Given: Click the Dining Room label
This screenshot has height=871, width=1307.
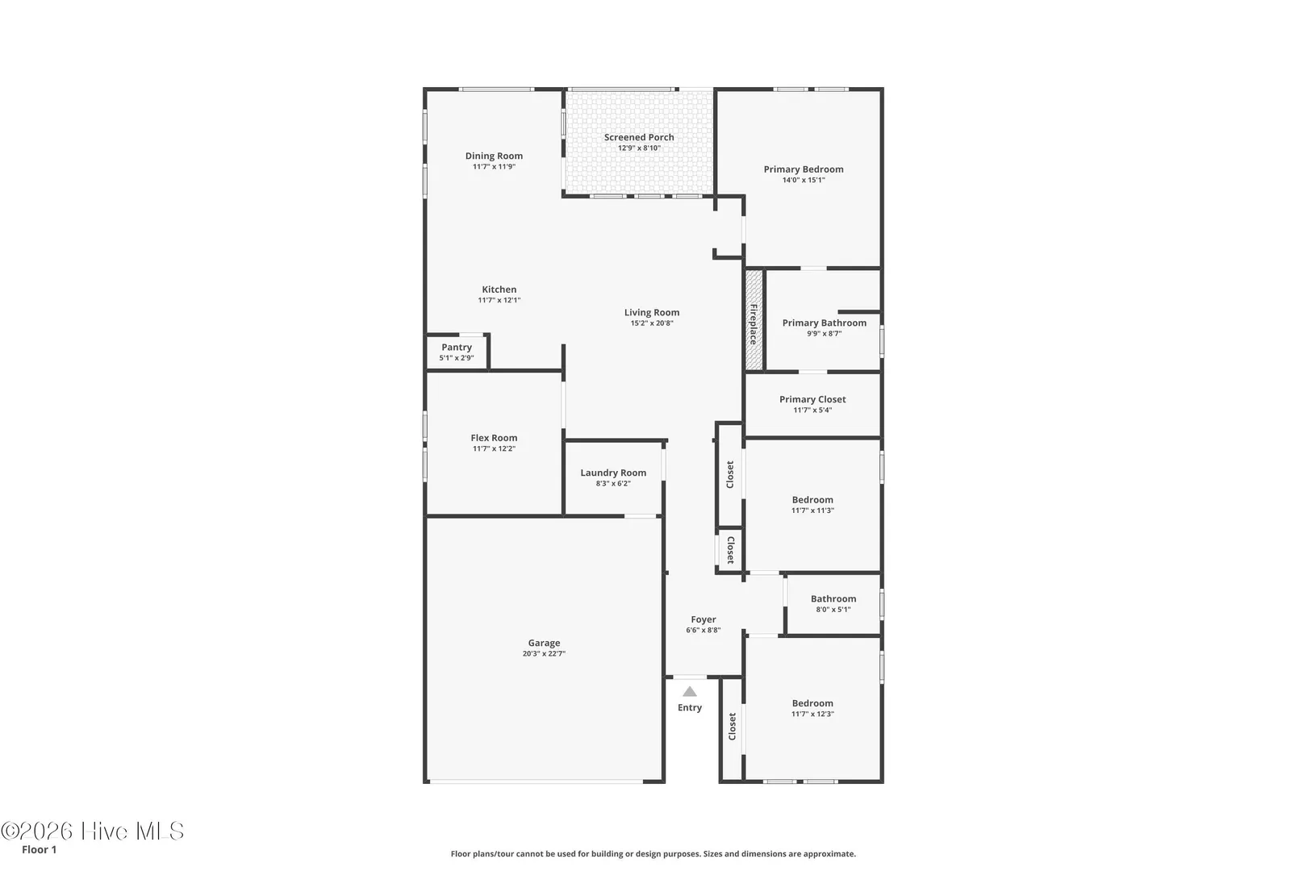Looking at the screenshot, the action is pyautogui.click(x=494, y=156).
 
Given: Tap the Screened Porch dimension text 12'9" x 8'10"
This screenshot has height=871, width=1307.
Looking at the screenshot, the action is pyautogui.click(x=639, y=148).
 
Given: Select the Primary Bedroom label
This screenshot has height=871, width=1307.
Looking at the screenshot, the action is pyautogui.click(x=804, y=169).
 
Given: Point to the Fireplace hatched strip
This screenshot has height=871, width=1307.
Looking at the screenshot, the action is pyautogui.click(x=754, y=319).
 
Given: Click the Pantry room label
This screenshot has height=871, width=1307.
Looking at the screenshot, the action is pyautogui.click(x=457, y=347).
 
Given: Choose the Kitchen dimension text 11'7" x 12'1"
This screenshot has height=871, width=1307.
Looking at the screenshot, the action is pyautogui.click(x=499, y=301).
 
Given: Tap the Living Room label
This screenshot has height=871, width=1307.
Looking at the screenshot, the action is pyautogui.click(x=652, y=312).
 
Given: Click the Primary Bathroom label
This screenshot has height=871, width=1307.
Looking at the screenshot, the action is pyautogui.click(x=824, y=323).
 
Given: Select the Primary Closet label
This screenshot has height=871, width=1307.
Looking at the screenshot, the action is pyautogui.click(x=812, y=399).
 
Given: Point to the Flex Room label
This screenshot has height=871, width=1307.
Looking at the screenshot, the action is pyautogui.click(x=494, y=438).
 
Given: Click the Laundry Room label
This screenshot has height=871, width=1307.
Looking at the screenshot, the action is pyautogui.click(x=613, y=473).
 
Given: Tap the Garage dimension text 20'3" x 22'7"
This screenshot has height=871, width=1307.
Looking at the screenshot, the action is pyautogui.click(x=544, y=654).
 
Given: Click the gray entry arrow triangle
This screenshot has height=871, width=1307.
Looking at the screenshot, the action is pyautogui.click(x=690, y=692).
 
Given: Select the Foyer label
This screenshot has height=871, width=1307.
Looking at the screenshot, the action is pyautogui.click(x=703, y=619).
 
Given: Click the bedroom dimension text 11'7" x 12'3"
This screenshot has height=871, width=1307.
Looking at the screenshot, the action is pyautogui.click(x=812, y=714).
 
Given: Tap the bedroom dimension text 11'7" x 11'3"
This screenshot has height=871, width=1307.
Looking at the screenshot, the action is pyautogui.click(x=812, y=511).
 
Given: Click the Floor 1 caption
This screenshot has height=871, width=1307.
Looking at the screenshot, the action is pyautogui.click(x=39, y=849).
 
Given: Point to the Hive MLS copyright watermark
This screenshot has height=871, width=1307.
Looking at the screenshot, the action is pyautogui.click(x=92, y=831).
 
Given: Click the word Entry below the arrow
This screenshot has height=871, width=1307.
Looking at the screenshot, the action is pyautogui.click(x=690, y=707).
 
